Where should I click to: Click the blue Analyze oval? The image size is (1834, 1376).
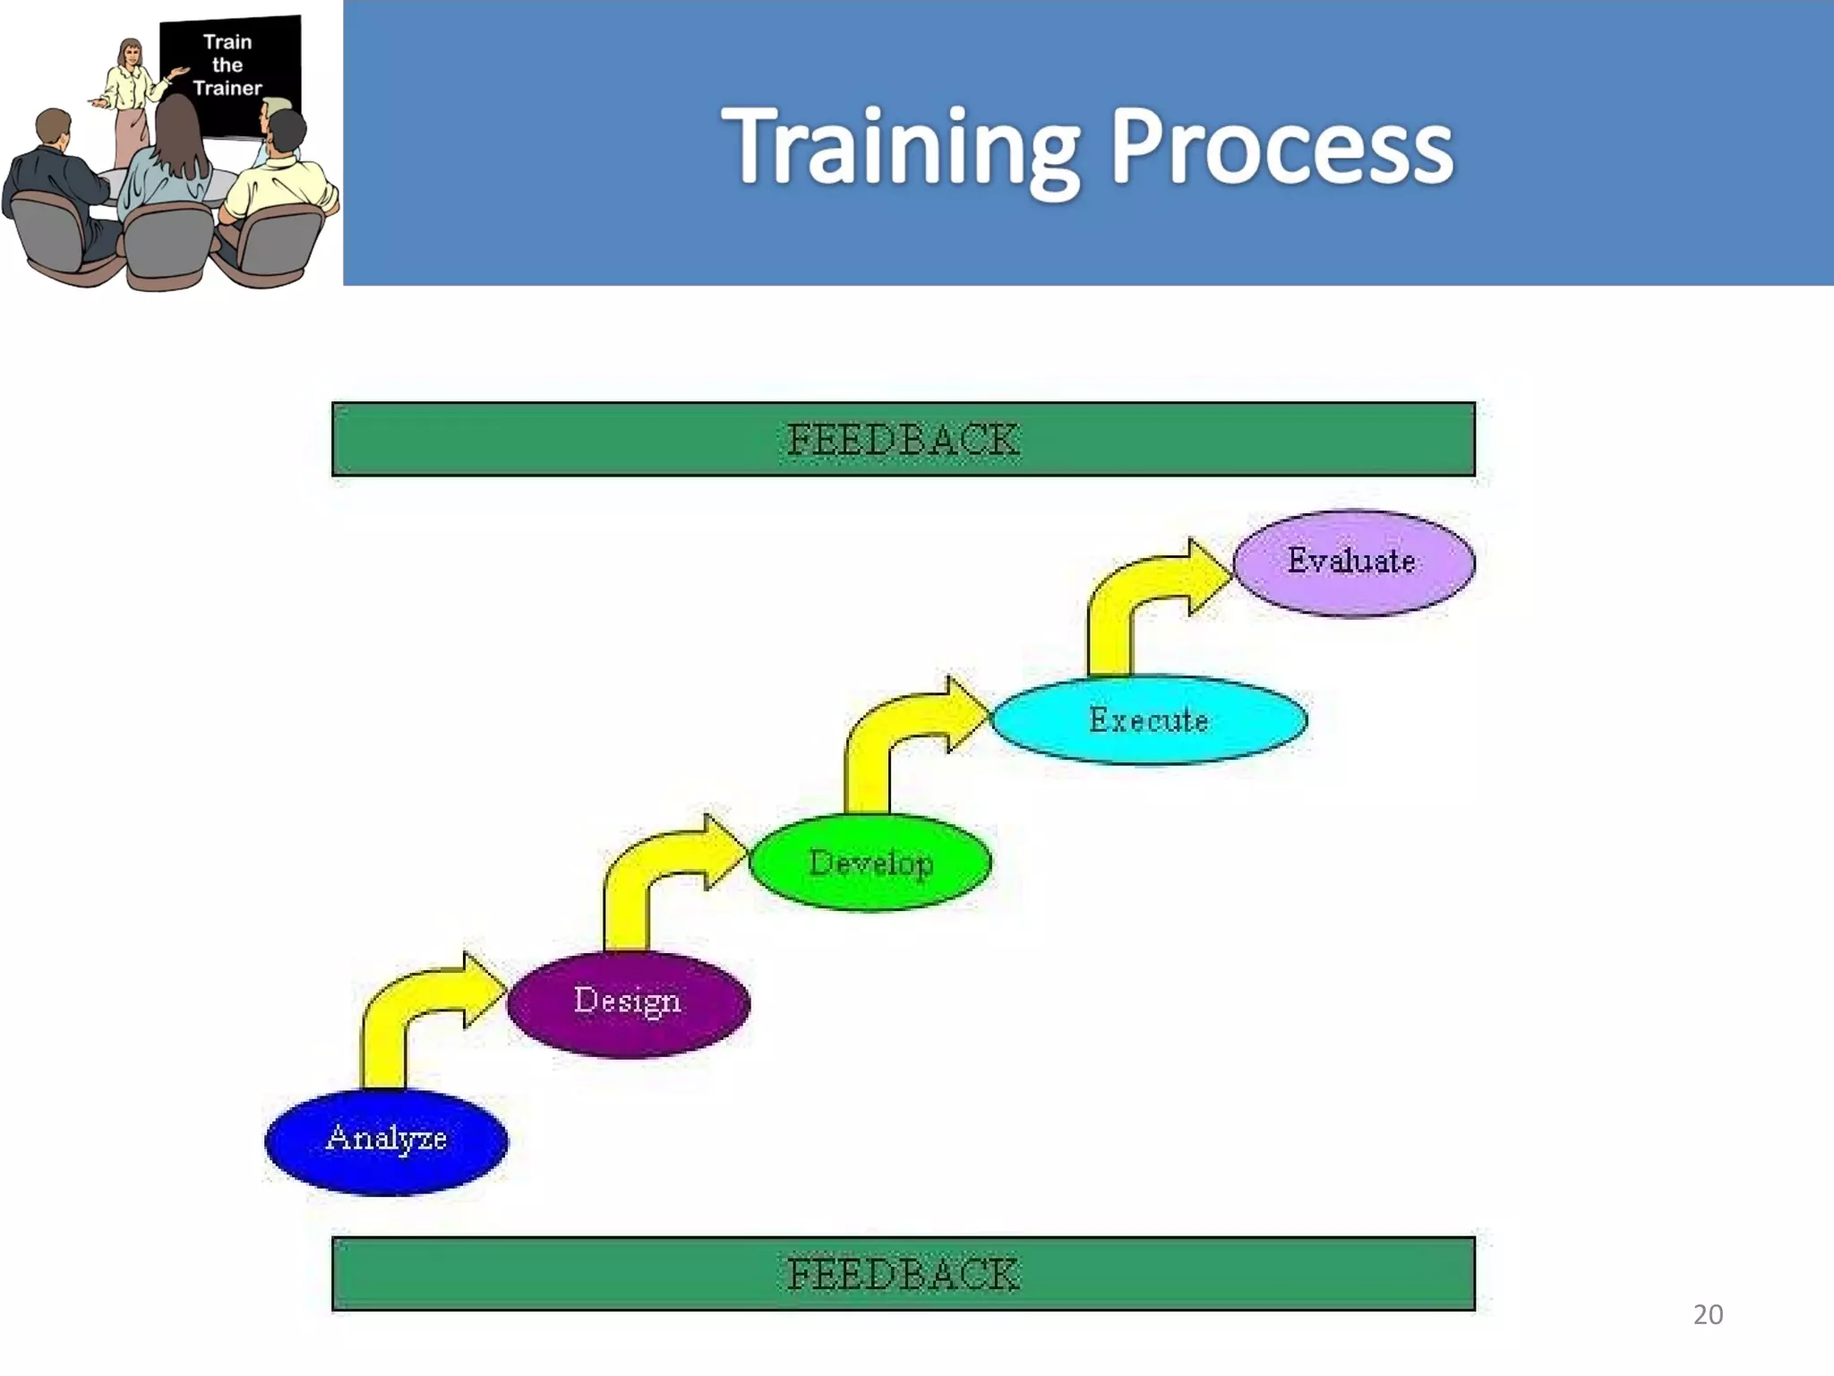[387, 1141]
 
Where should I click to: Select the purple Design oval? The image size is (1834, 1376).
[628, 1003]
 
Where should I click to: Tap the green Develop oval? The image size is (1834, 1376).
[870, 863]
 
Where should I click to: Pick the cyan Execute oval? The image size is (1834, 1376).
[1149, 720]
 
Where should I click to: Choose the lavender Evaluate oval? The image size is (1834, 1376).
[1353, 563]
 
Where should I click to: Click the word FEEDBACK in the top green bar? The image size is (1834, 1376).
[903, 440]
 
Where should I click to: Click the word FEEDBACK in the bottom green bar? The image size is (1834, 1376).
[903, 1274]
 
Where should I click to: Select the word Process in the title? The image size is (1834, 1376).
[1281, 148]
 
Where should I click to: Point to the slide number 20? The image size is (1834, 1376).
[1708, 1314]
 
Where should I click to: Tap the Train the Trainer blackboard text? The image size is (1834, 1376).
[227, 65]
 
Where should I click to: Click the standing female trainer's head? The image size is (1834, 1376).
[131, 53]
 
